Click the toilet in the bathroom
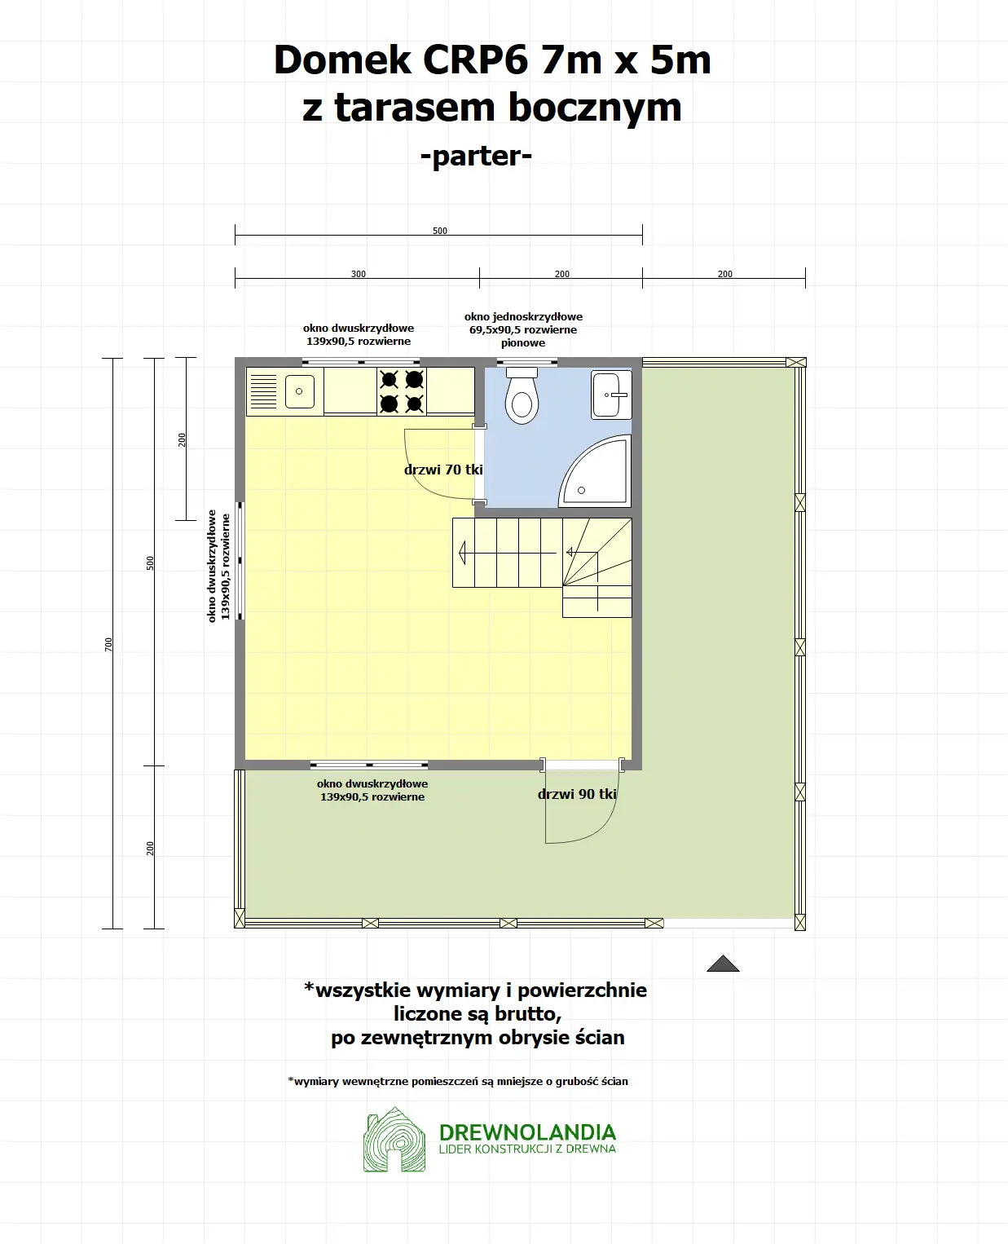click(522, 397)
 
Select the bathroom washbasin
click(611, 395)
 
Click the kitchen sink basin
click(299, 391)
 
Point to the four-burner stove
click(402, 391)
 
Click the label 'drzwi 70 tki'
click(443, 470)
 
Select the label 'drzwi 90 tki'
click(577, 794)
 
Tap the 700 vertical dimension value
click(108, 644)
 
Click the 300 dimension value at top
click(359, 274)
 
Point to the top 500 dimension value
click(440, 231)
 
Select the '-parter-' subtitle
click(476, 156)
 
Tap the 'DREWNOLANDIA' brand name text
click(527, 1132)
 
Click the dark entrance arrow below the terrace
click(723, 964)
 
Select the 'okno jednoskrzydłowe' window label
click(523, 317)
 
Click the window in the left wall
click(240, 561)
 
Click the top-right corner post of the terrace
click(796, 363)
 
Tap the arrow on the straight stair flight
click(463, 553)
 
